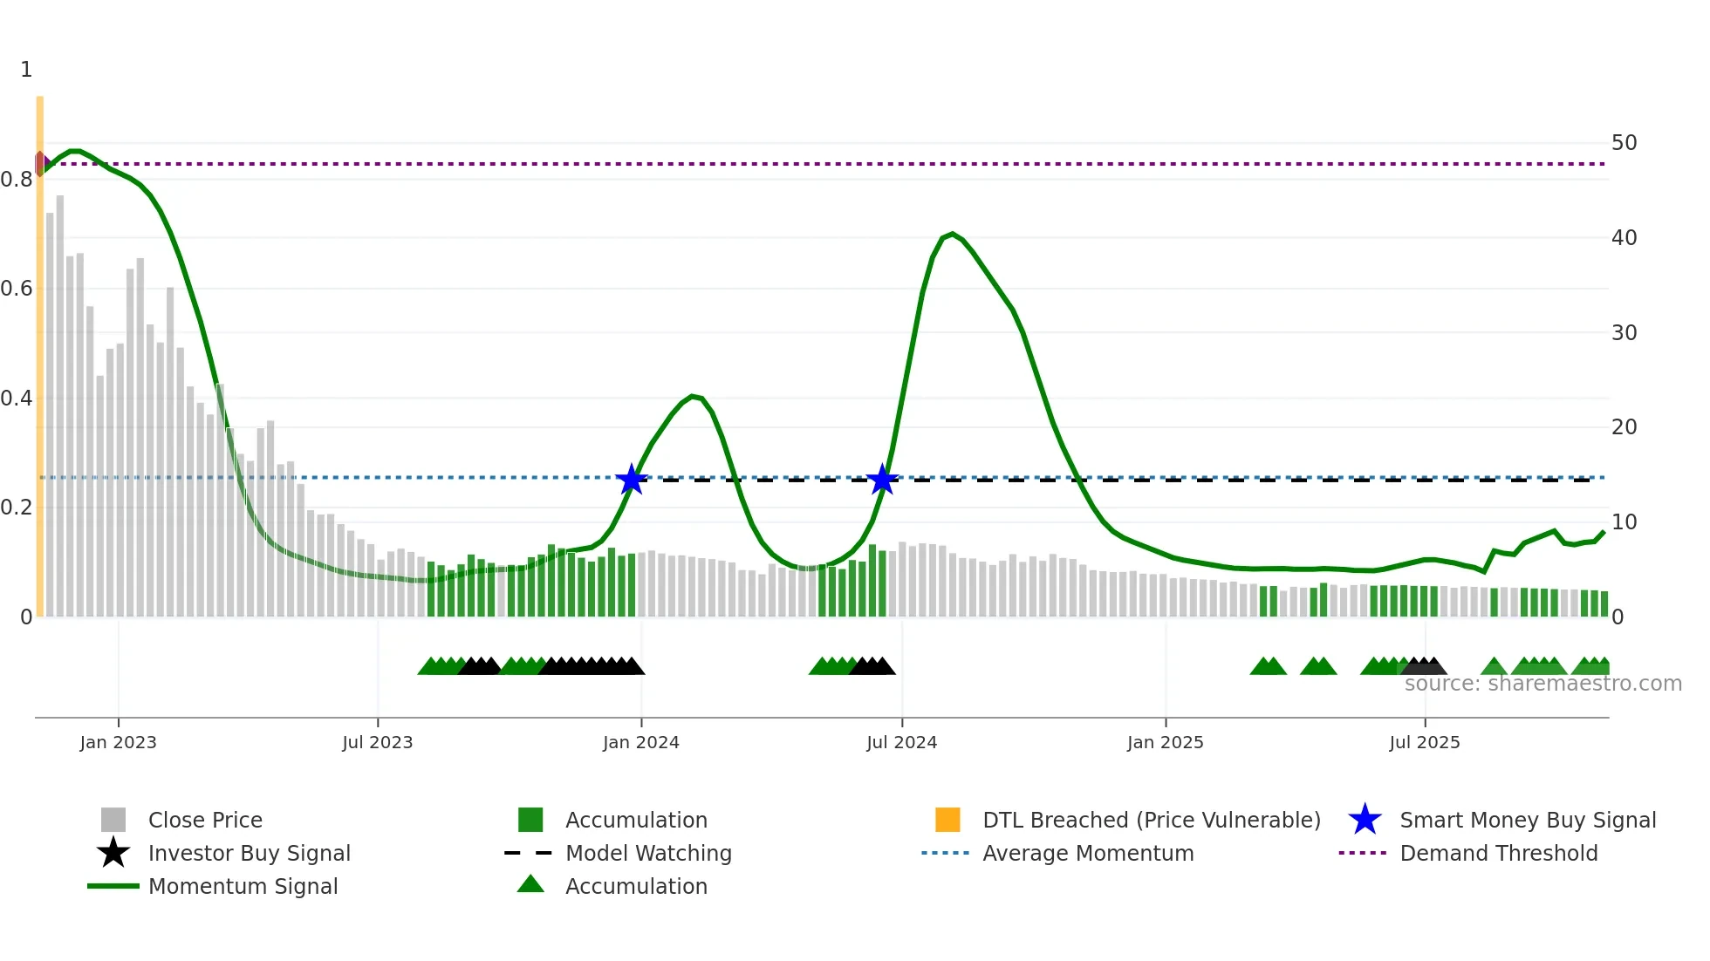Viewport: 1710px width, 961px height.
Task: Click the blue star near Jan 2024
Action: point(632,479)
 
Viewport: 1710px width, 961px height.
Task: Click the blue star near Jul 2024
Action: point(883,479)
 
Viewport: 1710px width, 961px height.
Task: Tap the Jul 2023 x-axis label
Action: point(377,742)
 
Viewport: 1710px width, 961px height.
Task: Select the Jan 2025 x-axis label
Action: point(1165,742)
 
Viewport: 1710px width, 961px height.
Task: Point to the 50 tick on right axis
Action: point(1624,142)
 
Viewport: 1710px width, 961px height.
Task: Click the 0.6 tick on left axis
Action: point(17,289)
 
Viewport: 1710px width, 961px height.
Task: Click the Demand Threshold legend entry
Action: point(1498,853)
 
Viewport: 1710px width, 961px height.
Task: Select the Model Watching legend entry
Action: point(647,853)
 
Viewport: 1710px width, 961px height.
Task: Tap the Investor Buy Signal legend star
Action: point(113,853)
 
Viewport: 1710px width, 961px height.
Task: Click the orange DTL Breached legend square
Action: point(947,820)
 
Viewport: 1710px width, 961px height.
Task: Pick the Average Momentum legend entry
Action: point(1087,853)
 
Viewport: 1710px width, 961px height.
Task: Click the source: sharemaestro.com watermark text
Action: point(1542,684)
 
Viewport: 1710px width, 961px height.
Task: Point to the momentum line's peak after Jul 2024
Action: point(952,234)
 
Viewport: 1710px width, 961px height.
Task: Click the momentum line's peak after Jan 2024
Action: point(693,396)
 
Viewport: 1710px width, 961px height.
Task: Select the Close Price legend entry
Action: point(204,820)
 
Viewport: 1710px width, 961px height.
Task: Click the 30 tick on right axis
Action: point(1624,332)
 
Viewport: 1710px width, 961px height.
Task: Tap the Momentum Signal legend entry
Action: point(242,886)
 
